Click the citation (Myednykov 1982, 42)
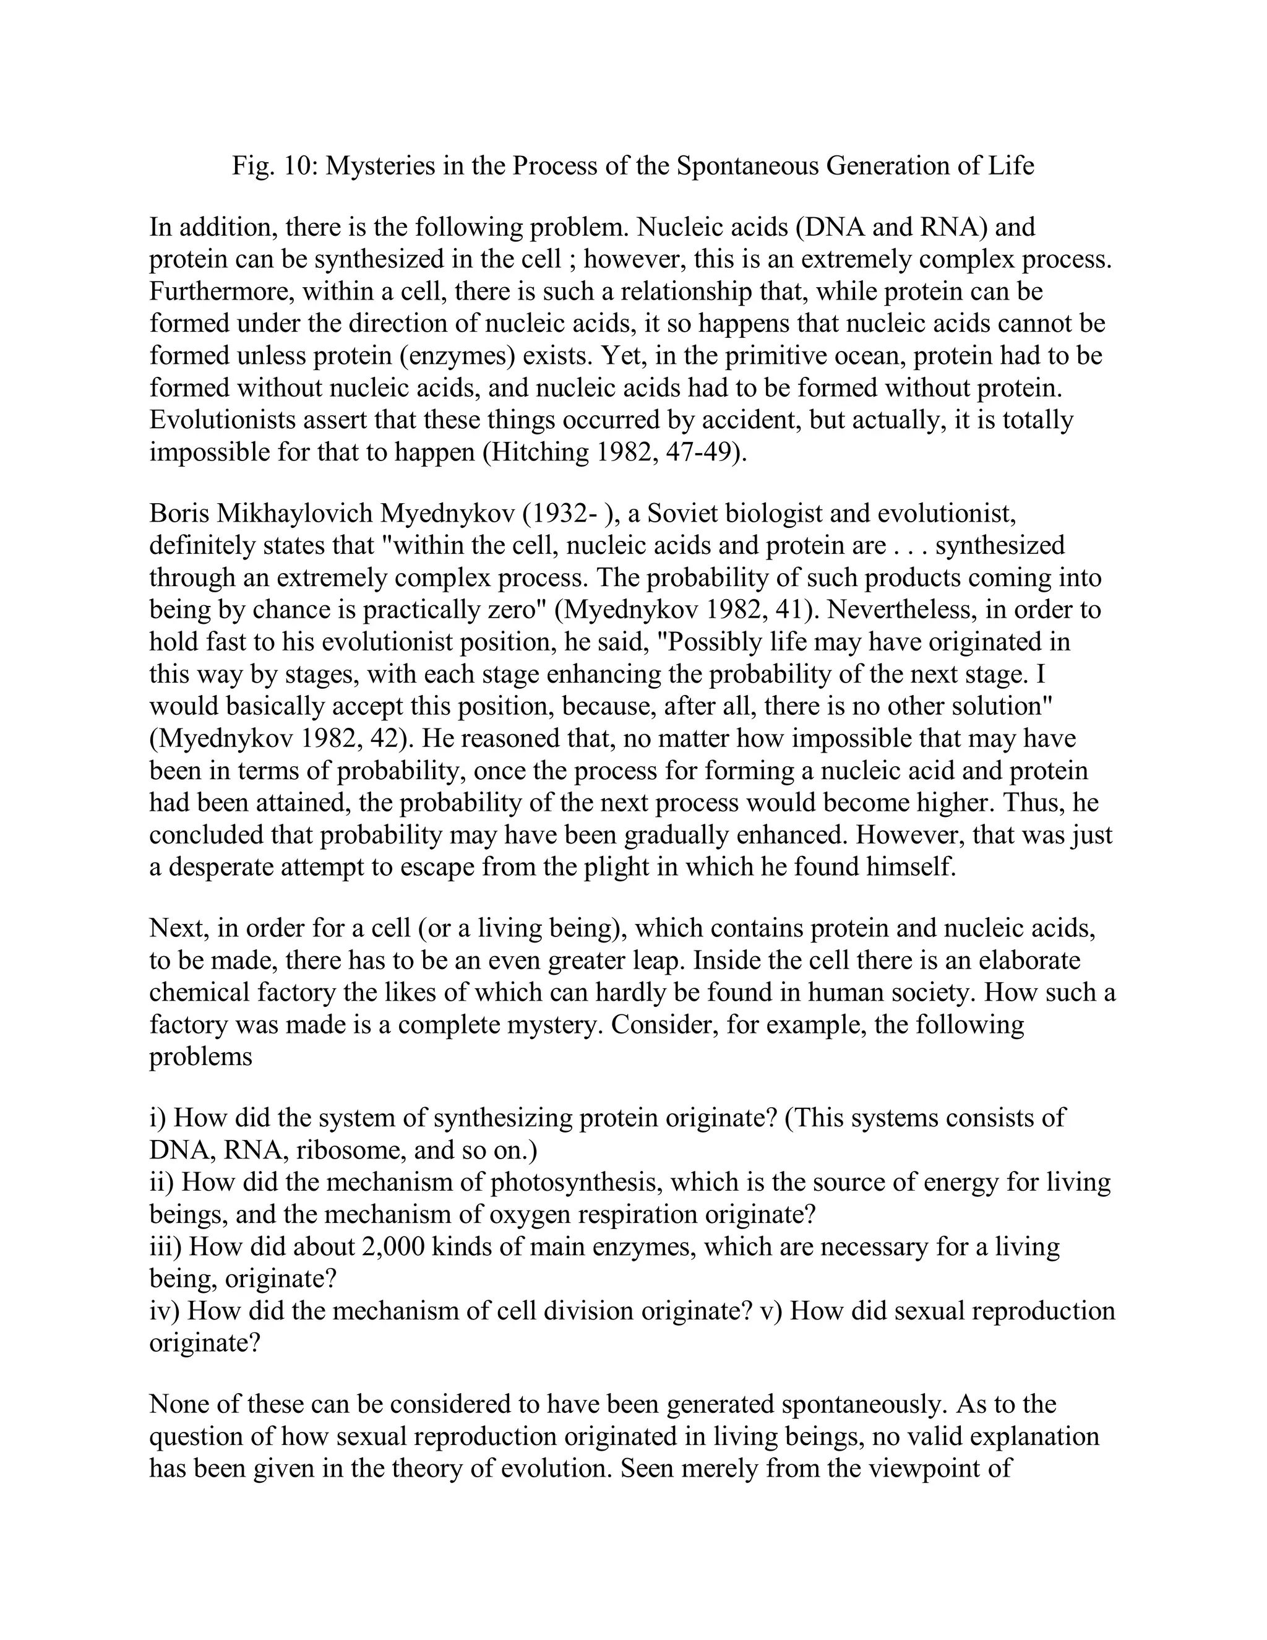[281, 738]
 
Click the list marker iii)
[166, 1246]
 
